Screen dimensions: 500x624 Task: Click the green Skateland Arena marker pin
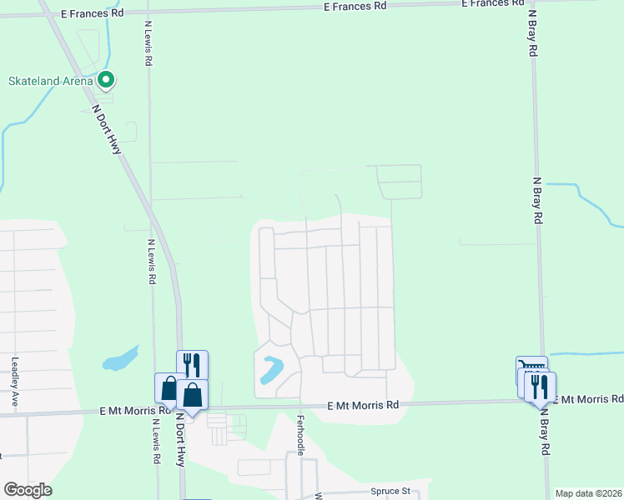tap(106, 80)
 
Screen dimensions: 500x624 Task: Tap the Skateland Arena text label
tap(49, 81)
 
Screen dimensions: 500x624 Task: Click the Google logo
tap(28, 490)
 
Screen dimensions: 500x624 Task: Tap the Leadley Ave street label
tap(15, 382)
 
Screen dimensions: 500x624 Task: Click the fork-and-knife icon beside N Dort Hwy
tap(191, 364)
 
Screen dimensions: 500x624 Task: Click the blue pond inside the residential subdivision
tap(272, 369)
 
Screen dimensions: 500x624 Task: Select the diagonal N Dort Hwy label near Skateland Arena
tap(107, 127)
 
